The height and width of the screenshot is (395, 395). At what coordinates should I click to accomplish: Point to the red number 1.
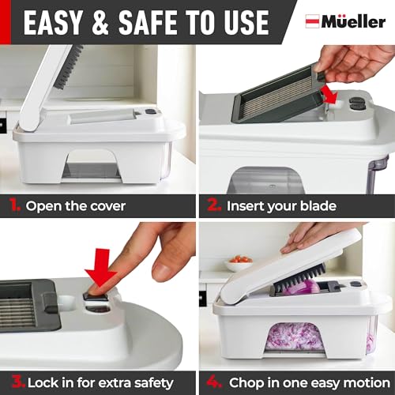[13, 205]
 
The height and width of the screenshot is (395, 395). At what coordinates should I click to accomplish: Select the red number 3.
[13, 382]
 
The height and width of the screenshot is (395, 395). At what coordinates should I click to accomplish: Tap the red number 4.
[211, 382]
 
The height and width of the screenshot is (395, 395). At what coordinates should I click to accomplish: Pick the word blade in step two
[316, 206]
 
